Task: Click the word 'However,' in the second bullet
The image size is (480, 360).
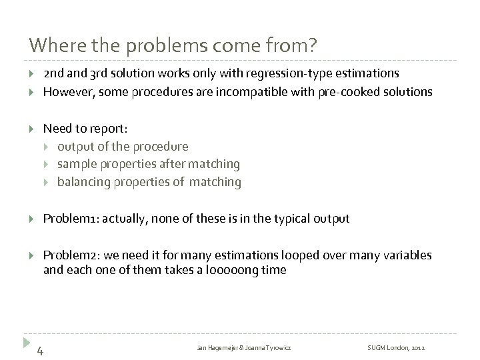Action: (65, 91)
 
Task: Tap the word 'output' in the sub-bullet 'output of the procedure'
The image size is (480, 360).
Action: (74, 146)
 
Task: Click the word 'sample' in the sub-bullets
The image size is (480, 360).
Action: (75, 163)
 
